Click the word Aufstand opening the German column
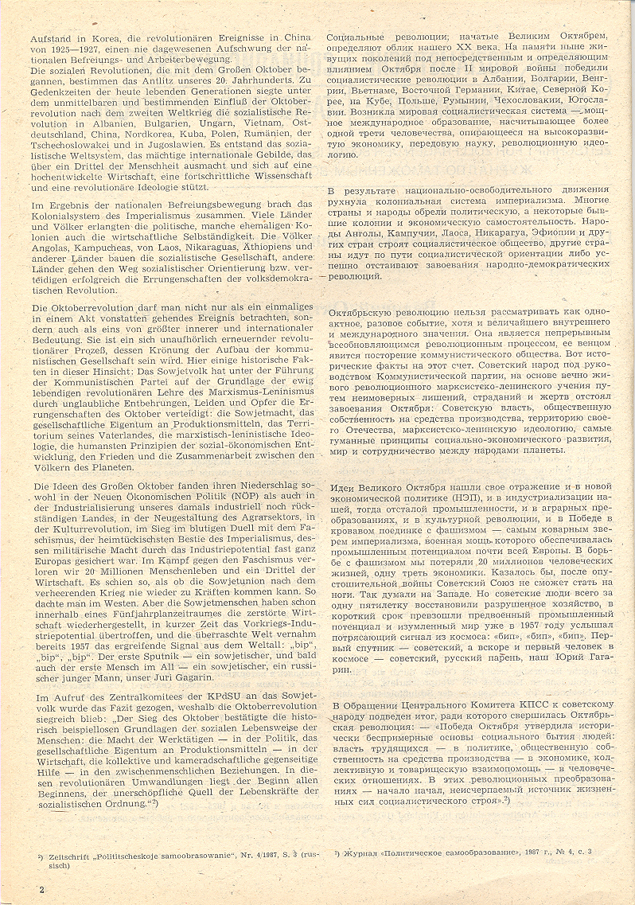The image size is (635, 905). [x=50, y=38]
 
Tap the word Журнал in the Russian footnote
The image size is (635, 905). [x=364, y=853]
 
